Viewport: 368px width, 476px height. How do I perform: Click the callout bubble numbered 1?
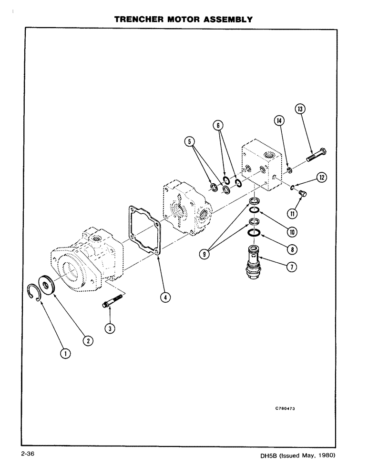click(x=65, y=353)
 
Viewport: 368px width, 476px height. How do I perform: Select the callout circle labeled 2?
click(x=87, y=340)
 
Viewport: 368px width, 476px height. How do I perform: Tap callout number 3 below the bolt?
click(x=110, y=327)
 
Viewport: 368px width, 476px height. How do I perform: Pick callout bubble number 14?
click(x=280, y=121)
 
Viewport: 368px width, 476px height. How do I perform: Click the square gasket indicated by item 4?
click(x=143, y=229)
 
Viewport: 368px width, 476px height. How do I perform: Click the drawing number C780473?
click(x=288, y=408)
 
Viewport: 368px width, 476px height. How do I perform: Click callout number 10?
click(x=291, y=232)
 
